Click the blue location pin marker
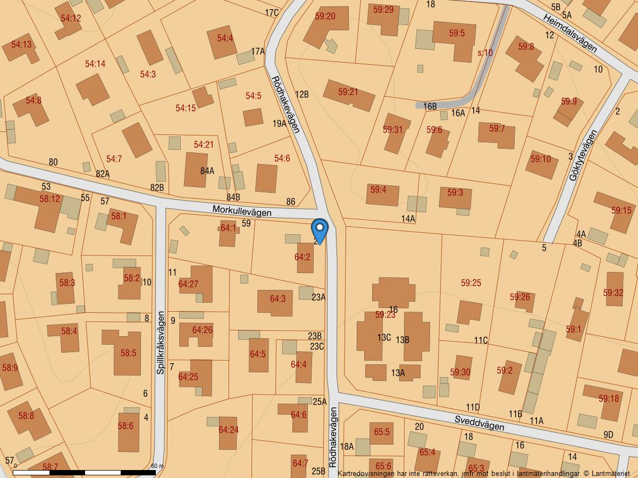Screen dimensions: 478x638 tap(320, 231)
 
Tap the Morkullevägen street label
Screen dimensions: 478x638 tap(242, 211)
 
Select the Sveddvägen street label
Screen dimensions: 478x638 tap(479, 423)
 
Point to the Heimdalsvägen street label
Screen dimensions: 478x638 tap(570, 33)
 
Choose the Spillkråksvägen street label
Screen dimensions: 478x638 tap(161, 343)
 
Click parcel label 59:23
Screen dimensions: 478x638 tap(385, 315)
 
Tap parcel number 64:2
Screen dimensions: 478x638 tap(302, 257)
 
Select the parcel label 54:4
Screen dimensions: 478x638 tap(225, 38)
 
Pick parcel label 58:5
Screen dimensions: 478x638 tap(128, 353)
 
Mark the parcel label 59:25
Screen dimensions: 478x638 tap(471, 283)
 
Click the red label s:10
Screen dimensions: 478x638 tap(485, 53)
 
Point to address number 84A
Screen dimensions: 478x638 tap(207, 171)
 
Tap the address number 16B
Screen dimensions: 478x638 tap(430, 107)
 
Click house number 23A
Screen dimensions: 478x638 tap(318, 297)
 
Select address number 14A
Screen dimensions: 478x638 tap(408, 219)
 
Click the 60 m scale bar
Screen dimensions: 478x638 tap(85, 472)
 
